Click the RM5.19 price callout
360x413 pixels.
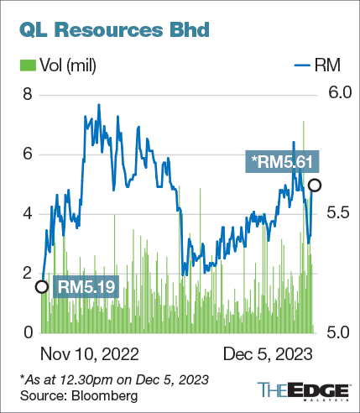[86, 286]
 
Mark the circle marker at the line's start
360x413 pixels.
[41, 287]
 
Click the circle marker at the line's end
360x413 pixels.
[314, 185]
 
